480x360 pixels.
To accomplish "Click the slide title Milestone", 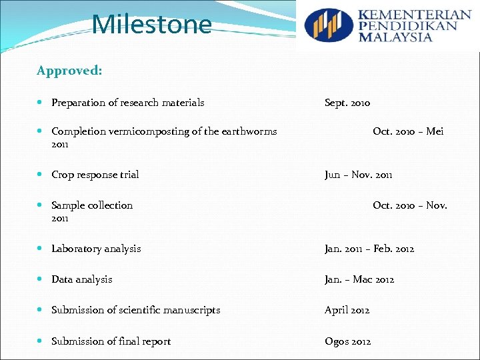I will [x=152, y=25].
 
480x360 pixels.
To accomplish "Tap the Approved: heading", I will [x=69, y=71].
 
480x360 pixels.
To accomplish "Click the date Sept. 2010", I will [x=347, y=103].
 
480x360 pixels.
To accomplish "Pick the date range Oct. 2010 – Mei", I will [x=408, y=131].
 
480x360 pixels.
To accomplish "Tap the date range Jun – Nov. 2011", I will [x=359, y=175].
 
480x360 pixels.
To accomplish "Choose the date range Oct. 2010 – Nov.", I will [x=410, y=205].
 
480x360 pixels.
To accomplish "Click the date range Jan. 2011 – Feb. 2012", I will [x=369, y=249].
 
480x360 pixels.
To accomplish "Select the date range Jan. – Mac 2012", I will [x=359, y=279].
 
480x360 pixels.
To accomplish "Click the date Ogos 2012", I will [x=348, y=341].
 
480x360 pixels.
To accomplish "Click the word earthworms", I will [x=249, y=131].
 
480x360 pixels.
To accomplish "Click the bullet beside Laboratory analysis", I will [x=42, y=249].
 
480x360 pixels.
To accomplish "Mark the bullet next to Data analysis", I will [x=42, y=280].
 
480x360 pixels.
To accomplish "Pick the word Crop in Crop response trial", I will [x=63, y=175].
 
